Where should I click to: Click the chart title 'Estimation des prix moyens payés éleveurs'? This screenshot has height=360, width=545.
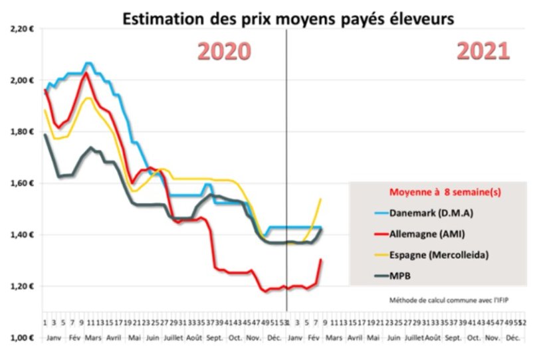pos(287,19)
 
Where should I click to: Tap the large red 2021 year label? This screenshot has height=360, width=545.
pos(483,51)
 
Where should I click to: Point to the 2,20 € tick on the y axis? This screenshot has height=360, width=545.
pos(22,29)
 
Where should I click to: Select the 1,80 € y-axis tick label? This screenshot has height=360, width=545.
pos(22,132)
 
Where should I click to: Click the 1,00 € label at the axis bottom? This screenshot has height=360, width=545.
pos(22,338)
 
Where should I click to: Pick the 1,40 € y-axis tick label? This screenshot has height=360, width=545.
pos(22,235)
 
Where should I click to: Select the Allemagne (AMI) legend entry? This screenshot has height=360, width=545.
pos(423,234)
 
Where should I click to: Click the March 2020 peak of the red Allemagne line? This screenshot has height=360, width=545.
pos(86,72)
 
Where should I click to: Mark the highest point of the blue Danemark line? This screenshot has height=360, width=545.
pos(89,63)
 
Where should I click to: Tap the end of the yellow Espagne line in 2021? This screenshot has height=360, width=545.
pos(321,199)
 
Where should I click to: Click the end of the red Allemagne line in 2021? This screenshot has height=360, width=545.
pos(321,260)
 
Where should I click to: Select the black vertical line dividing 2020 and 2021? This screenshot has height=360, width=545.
pos(286,166)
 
